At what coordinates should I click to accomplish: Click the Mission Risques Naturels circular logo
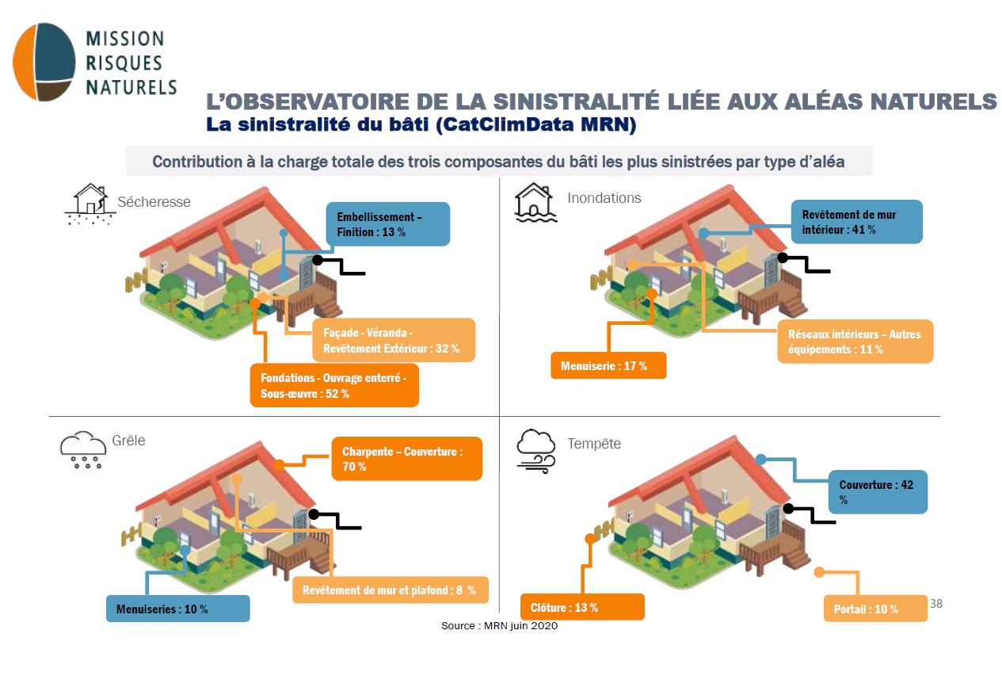pyautogui.click(x=44, y=62)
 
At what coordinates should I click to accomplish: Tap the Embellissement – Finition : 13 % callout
pyautogui.click(x=388, y=223)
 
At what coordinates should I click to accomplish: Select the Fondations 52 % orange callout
pyautogui.click(x=334, y=385)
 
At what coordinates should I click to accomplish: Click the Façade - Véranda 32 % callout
pyautogui.click(x=394, y=340)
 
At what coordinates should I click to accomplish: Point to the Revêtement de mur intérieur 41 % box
pyautogui.click(x=856, y=222)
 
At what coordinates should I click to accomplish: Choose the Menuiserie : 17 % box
pyautogui.click(x=608, y=366)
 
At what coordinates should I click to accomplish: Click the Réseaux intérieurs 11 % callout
pyautogui.click(x=855, y=342)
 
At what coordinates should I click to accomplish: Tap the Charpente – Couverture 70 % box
pyautogui.click(x=406, y=459)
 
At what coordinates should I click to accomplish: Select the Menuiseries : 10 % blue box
pyautogui.click(x=178, y=609)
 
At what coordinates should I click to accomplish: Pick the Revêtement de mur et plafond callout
pyautogui.click(x=390, y=590)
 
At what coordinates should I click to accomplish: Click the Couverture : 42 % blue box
pyautogui.click(x=878, y=492)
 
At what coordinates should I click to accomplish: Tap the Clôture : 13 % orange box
pyautogui.click(x=582, y=607)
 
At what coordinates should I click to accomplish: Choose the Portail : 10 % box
pyautogui.click(x=875, y=609)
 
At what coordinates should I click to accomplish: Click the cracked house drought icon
pyautogui.click(x=90, y=204)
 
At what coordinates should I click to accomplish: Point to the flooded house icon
pyautogui.click(x=535, y=202)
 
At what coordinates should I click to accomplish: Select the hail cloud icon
pyautogui.click(x=83, y=449)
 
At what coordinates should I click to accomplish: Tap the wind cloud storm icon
pyautogui.click(x=536, y=451)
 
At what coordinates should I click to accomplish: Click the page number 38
pyautogui.click(x=936, y=603)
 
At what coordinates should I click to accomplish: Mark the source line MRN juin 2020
pyautogui.click(x=499, y=625)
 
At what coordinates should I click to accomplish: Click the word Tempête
pyautogui.click(x=594, y=443)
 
